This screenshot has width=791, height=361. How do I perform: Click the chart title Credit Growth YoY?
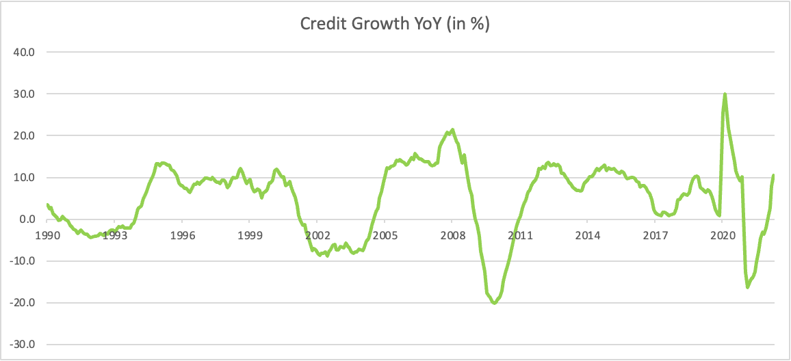point(395,25)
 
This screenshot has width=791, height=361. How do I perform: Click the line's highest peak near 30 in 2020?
point(725,94)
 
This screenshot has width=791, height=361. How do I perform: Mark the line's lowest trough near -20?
point(494,303)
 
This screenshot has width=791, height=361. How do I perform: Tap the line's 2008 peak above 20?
point(452,130)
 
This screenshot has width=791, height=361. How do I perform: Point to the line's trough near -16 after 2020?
point(747,287)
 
